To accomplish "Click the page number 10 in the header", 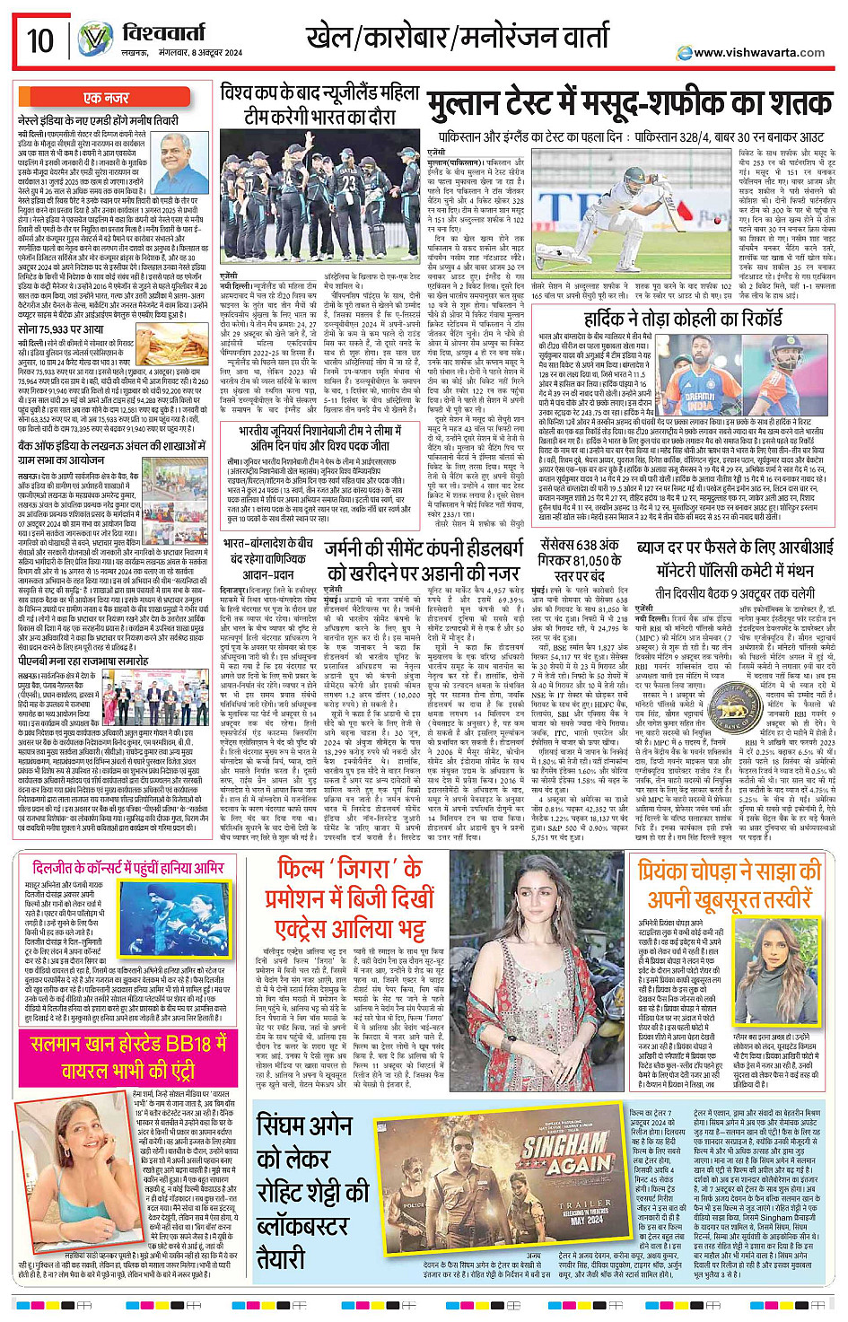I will click(39, 41).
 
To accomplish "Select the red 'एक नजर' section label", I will click(106, 98).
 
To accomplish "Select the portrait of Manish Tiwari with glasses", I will click(178, 158).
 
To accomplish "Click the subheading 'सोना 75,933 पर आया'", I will click(60, 329).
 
